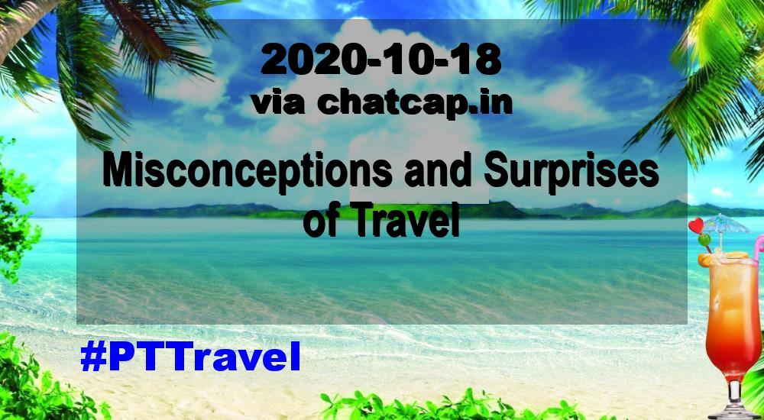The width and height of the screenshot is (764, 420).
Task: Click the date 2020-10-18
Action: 380,60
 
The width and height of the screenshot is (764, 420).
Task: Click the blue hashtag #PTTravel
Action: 190,356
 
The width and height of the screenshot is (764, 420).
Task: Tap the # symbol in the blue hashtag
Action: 93,356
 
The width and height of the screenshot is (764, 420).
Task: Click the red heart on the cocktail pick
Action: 696,225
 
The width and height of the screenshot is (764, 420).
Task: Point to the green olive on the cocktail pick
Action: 704,240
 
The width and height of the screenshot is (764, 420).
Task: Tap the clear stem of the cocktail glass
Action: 735,393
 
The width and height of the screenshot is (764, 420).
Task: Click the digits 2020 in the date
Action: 311,60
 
